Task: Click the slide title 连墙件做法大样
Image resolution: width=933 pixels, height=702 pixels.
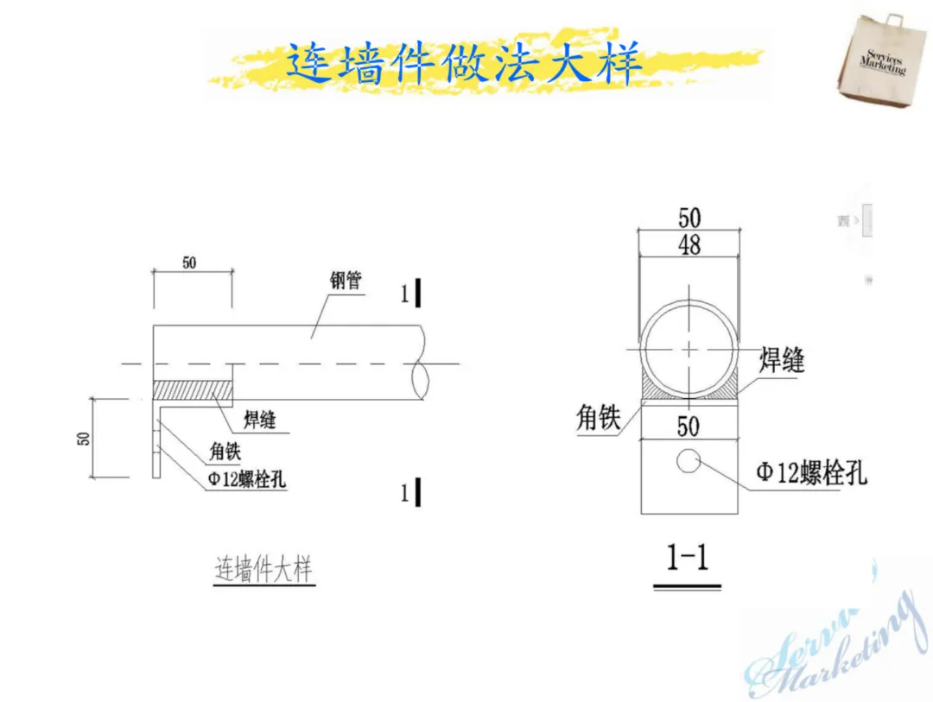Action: [x=464, y=63]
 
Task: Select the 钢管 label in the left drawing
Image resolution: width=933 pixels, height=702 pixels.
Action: [x=345, y=281]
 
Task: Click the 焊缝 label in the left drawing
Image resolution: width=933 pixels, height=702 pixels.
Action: [x=259, y=421]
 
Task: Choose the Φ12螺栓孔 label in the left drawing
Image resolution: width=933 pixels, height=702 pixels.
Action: [x=246, y=481]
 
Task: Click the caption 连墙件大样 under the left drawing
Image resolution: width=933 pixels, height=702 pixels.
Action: [x=263, y=571]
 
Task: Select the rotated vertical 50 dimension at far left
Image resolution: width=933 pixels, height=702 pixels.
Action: [x=84, y=437]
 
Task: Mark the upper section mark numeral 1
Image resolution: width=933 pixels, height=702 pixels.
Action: [x=404, y=294]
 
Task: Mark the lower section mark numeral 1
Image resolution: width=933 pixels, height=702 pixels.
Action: [x=404, y=493]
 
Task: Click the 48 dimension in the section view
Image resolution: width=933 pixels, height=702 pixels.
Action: [x=689, y=245]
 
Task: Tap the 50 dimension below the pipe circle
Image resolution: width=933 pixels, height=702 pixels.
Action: [x=689, y=426]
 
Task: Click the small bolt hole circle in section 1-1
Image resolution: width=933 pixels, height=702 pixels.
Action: [x=689, y=461]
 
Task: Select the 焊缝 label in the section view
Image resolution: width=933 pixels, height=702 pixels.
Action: [x=782, y=359]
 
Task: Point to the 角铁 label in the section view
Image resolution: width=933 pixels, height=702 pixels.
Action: [x=599, y=419]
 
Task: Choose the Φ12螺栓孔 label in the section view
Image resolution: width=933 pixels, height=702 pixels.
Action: [x=811, y=472]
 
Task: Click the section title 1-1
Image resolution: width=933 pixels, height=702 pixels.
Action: [x=688, y=559]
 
